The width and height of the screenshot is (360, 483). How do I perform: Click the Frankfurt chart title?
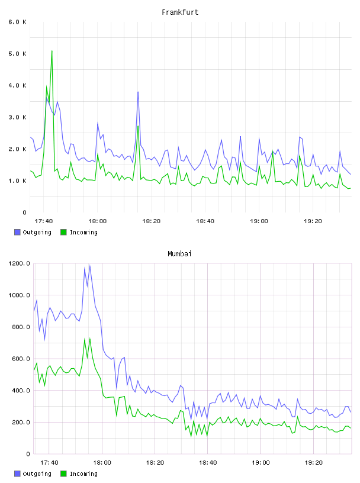coord(180,12)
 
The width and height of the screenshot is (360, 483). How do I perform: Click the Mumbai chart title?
coord(179,254)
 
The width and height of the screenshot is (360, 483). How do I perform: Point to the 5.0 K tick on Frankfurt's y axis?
coord(18,54)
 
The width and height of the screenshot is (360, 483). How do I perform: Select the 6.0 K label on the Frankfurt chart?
coord(18,22)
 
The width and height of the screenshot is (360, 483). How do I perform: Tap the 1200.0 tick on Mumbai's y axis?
coord(19,263)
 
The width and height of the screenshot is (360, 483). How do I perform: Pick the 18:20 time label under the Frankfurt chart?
coord(152,221)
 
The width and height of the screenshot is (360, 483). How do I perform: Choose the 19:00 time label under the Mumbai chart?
coord(261,462)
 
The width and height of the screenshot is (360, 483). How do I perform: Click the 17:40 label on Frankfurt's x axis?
coord(44,221)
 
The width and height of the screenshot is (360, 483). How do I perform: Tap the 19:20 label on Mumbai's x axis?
coord(313,462)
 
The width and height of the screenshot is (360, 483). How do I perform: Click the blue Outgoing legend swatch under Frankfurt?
coord(17,232)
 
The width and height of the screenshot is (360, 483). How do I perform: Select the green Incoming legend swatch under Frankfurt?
coord(63,232)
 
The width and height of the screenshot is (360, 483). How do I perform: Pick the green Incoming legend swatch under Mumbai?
coord(63,474)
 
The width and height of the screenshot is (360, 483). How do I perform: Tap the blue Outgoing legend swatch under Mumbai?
coord(17,474)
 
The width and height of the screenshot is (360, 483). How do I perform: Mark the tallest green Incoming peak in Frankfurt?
coord(52,51)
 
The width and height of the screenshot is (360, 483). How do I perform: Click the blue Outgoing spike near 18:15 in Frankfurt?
coord(138,92)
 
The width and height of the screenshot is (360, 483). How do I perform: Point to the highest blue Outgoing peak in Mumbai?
coord(89,266)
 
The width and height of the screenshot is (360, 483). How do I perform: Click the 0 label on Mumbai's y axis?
coord(28,454)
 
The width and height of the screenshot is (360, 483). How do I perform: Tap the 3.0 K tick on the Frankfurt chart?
coord(18,117)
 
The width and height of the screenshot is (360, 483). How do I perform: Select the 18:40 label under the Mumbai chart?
coord(208,462)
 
